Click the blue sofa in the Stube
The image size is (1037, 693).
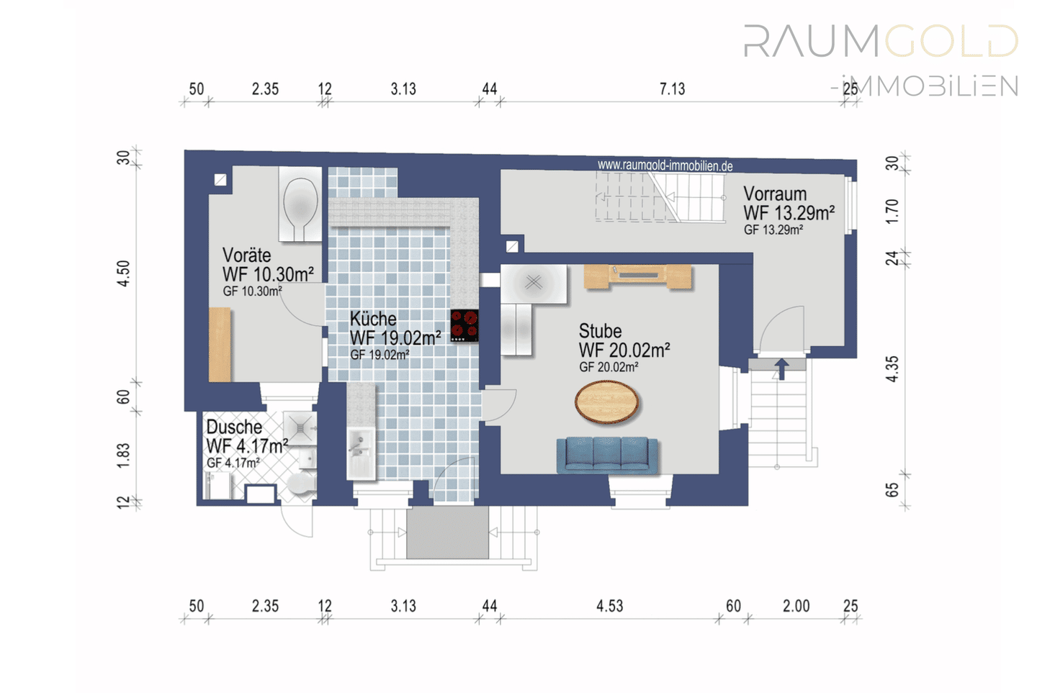(607, 456)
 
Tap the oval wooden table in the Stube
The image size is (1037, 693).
(606, 402)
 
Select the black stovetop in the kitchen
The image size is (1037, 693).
(464, 326)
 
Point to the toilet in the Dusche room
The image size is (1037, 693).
(301, 484)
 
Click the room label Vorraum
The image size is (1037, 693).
(775, 194)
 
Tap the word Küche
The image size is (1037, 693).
(373, 319)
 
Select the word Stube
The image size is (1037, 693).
(600, 331)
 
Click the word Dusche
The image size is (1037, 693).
(234, 427)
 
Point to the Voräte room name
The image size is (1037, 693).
(247, 255)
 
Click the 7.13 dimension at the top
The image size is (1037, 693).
(672, 89)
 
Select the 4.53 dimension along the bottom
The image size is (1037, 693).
(610, 606)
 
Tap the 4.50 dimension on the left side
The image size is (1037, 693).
(124, 273)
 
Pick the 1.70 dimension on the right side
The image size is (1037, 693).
(892, 212)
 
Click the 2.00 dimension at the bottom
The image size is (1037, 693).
(796, 606)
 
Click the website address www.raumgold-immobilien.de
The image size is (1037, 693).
(665, 166)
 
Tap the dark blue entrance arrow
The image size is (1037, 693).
(781, 368)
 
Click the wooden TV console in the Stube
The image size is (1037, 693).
(637, 276)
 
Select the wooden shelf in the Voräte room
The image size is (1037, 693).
(220, 345)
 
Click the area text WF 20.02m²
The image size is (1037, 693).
(624, 350)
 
